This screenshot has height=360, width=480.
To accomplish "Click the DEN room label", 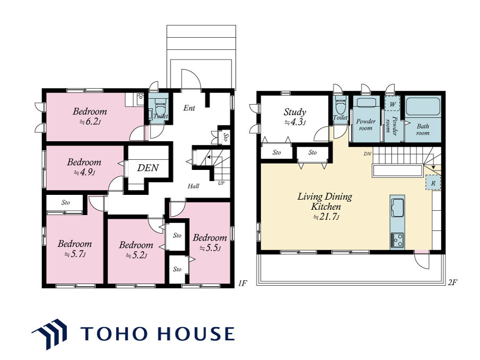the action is point(148,168).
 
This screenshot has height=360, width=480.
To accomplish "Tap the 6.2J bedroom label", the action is point(90,116).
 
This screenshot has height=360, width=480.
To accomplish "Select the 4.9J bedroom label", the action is point(84,167).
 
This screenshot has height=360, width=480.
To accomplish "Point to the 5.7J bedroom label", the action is point(75,248).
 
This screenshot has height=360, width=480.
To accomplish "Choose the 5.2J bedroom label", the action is point(136,250).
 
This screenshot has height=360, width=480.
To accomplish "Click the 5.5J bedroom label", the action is point(210,243).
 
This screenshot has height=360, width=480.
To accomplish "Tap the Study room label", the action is point(295,117).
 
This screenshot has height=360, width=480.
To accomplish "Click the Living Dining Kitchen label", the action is point(325,207).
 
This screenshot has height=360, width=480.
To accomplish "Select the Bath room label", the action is point(423,130).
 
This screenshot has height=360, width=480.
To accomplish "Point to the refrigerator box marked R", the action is point(433,183).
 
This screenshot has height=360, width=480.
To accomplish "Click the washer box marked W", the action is point(392,104).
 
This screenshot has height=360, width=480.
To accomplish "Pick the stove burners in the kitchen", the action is point(397,240).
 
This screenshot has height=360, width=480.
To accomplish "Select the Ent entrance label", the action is point(189,108).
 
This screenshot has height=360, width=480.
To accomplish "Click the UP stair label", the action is point(221,183).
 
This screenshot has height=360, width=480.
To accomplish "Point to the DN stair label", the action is point(367,153).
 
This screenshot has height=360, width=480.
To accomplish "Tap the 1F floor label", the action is point(242,283).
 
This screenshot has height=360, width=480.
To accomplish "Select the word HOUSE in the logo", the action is point(196,333).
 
